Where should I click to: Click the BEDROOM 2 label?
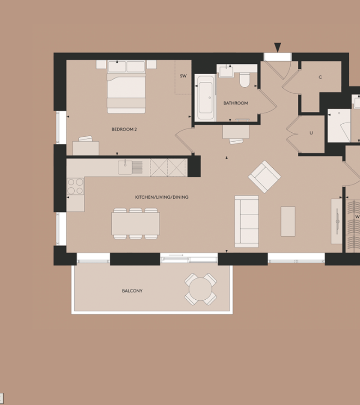click(124, 129)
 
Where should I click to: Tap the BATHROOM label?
click(235, 103)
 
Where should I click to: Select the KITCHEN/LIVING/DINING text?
click(162, 197)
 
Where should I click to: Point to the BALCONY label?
click(132, 291)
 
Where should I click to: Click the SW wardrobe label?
click(183, 76)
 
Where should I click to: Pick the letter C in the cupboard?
click(320, 77)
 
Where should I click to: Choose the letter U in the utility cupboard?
click(311, 133)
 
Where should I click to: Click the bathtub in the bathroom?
click(205, 98)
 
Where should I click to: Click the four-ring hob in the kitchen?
click(76, 186)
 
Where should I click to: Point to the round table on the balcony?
click(200, 289)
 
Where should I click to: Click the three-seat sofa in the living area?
click(247, 221)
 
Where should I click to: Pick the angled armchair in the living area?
click(265, 177)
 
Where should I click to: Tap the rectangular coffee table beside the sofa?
click(288, 221)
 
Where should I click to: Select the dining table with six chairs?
click(135, 224)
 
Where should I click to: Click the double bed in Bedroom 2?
click(126, 87)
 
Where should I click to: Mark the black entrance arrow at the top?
click(278, 48)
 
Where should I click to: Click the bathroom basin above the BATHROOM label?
click(226, 71)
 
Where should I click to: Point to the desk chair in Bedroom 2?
click(85, 139)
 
